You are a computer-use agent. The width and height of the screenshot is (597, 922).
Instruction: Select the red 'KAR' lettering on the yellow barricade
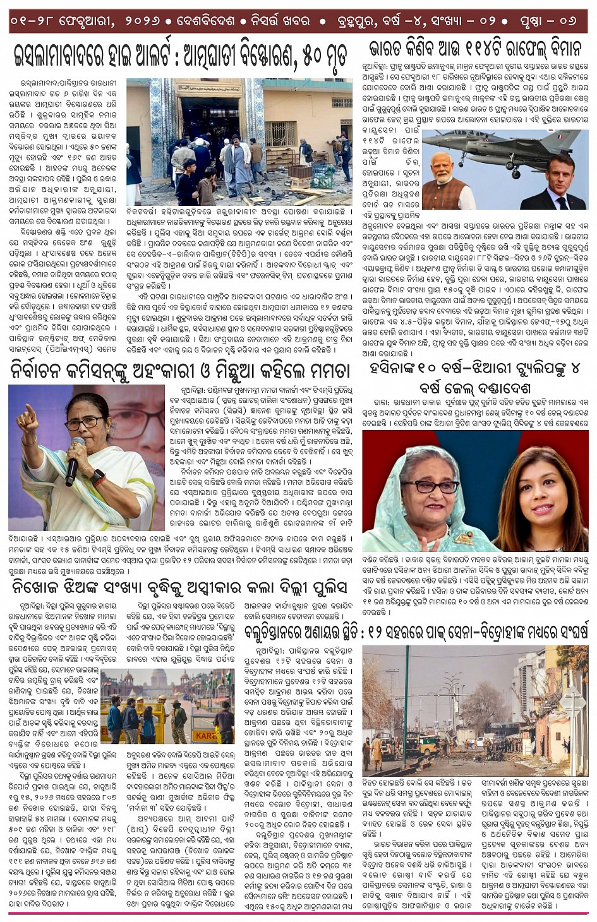pos(205,736)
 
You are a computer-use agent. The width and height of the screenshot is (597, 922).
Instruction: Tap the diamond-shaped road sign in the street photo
pos(574,700)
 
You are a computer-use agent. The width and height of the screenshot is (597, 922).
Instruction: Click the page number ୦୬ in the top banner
pos(567,21)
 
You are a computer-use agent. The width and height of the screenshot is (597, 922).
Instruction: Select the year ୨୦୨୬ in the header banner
pos(149,21)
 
